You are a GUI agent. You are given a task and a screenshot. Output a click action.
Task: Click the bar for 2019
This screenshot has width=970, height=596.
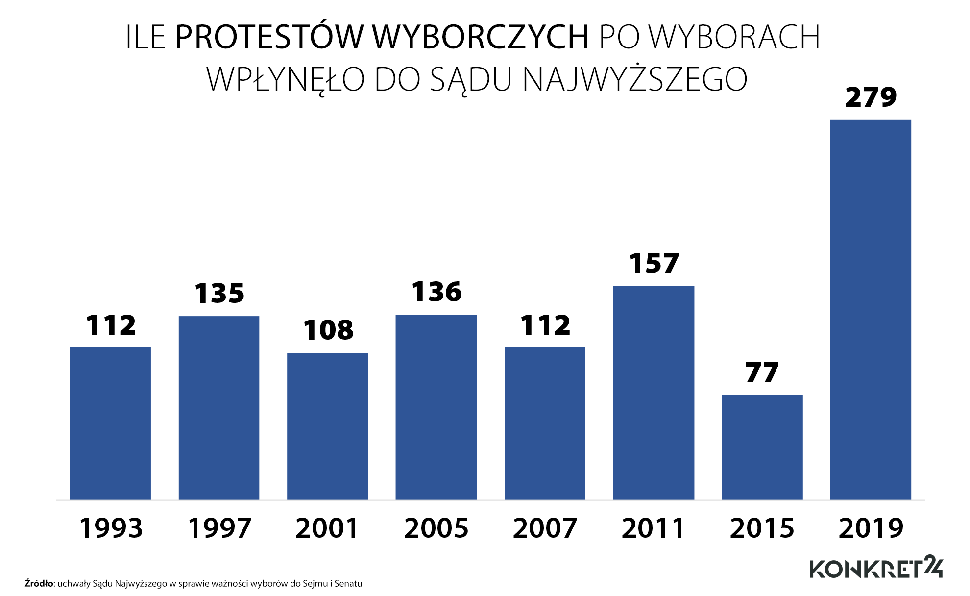(x=871, y=309)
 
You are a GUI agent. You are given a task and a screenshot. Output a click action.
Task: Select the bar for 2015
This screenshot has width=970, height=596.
(x=762, y=447)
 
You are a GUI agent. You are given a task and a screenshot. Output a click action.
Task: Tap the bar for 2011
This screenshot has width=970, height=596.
(x=654, y=392)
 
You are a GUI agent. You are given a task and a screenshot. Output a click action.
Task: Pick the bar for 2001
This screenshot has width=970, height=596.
(x=327, y=426)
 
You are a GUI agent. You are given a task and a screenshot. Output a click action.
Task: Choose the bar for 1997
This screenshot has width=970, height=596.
(x=219, y=408)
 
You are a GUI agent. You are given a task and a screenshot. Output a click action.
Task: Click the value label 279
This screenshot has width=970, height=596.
(x=871, y=97)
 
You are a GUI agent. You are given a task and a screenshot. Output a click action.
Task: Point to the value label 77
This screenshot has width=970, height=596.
(x=762, y=373)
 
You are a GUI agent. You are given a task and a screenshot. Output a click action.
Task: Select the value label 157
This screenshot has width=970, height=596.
(x=654, y=264)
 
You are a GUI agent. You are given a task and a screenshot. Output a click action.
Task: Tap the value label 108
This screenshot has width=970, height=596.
(x=328, y=330)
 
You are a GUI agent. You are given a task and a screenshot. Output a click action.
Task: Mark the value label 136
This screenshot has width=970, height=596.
(x=436, y=292)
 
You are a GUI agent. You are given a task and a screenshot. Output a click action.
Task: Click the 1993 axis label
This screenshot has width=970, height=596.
(x=111, y=528)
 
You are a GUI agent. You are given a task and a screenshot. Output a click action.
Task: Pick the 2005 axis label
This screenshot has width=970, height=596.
(x=436, y=528)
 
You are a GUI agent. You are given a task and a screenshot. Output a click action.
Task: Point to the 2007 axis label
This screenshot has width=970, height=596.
(x=545, y=528)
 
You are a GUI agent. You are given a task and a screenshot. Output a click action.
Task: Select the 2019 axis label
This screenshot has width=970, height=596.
(x=871, y=528)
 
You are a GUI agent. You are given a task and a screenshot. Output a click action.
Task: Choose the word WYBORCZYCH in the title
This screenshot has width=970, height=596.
(x=480, y=37)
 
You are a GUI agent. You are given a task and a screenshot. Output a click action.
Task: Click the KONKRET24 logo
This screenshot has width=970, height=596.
(x=875, y=568)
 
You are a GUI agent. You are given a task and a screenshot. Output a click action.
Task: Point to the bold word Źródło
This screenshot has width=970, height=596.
(x=39, y=583)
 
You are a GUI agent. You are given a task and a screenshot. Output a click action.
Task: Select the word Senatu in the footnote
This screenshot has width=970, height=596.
(x=348, y=583)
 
